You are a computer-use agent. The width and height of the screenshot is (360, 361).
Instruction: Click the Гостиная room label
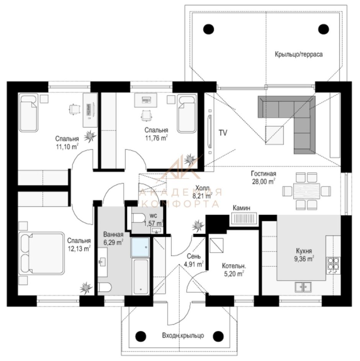(x=263, y=173)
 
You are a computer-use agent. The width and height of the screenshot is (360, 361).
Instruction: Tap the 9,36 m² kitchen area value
(x=304, y=259)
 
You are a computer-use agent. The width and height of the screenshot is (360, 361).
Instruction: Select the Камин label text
(x=241, y=208)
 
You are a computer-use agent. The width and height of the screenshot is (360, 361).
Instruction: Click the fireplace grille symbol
(x=244, y=219)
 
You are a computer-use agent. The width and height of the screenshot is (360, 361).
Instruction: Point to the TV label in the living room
(x=223, y=133)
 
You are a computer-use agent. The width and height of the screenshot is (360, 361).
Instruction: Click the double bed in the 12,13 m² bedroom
(x=41, y=253)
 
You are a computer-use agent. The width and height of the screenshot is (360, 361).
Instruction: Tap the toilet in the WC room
(x=138, y=217)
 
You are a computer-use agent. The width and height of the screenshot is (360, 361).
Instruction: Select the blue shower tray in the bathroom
(x=140, y=247)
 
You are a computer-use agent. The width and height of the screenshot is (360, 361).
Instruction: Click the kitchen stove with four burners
(x=334, y=265)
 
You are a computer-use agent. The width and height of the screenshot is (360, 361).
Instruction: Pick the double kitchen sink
(x=303, y=287)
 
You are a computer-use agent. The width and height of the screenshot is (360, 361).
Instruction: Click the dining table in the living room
(x=306, y=191)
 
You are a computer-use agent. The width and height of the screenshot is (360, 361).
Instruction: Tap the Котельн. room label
(x=234, y=266)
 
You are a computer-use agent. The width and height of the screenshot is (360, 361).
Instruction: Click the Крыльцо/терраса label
(x=298, y=54)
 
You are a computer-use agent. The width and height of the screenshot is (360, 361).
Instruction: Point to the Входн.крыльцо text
(x=183, y=335)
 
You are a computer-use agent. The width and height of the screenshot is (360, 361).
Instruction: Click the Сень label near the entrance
(x=193, y=256)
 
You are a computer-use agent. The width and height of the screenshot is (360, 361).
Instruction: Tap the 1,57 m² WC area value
(x=154, y=223)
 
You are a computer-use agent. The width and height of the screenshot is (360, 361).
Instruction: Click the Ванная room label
(x=113, y=234)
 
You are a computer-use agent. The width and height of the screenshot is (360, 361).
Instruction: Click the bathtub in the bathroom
(x=141, y=276)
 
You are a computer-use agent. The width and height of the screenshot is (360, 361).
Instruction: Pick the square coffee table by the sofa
(x=274, y=135)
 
